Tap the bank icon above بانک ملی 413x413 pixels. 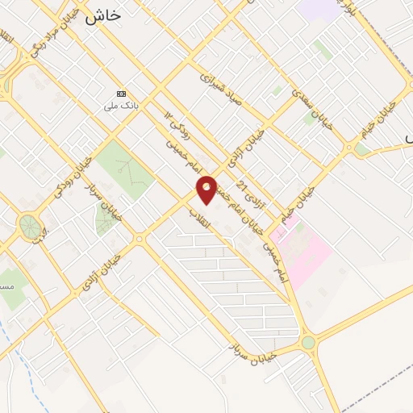pyautogui.click(x=122, y=94)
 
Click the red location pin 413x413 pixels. pyautogui.click(x=207, y=189)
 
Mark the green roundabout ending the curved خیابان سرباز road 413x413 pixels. pyautogui.click(x=308, y=343)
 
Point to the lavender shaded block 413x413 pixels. pyautogui.click(x=318, y=10)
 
